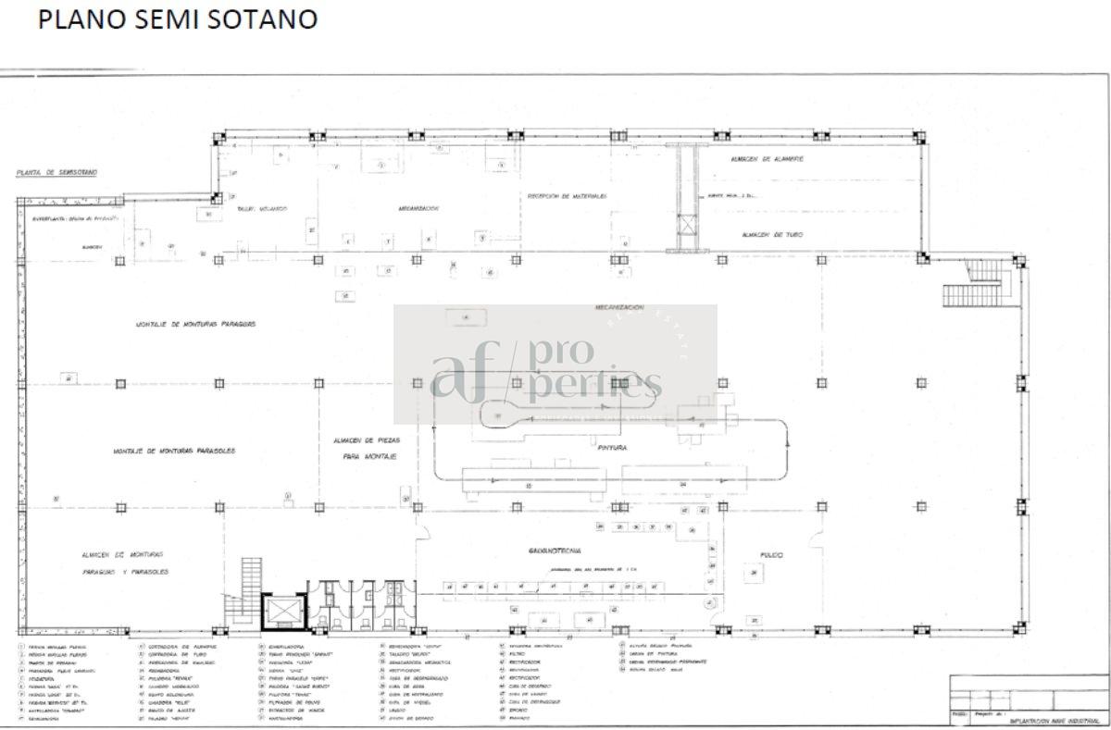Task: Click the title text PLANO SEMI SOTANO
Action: pyautogui.click(x=177, y=19)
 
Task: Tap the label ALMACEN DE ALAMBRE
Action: pyautogui.click(x=767, y=159)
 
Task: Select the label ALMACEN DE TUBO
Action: pyautogui.click(x=771, y=235)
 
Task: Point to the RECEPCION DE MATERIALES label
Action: pyautogui.click(x=567, y=196)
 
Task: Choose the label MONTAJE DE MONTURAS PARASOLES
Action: pyautogui.click(x=174, y=451)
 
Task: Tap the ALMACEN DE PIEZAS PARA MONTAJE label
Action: pyautogui.click(x=366, y=449)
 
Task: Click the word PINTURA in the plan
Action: pyautogui.click(x=613, y=447)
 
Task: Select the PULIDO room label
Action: pyautogui.click(x=771, y=555)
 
